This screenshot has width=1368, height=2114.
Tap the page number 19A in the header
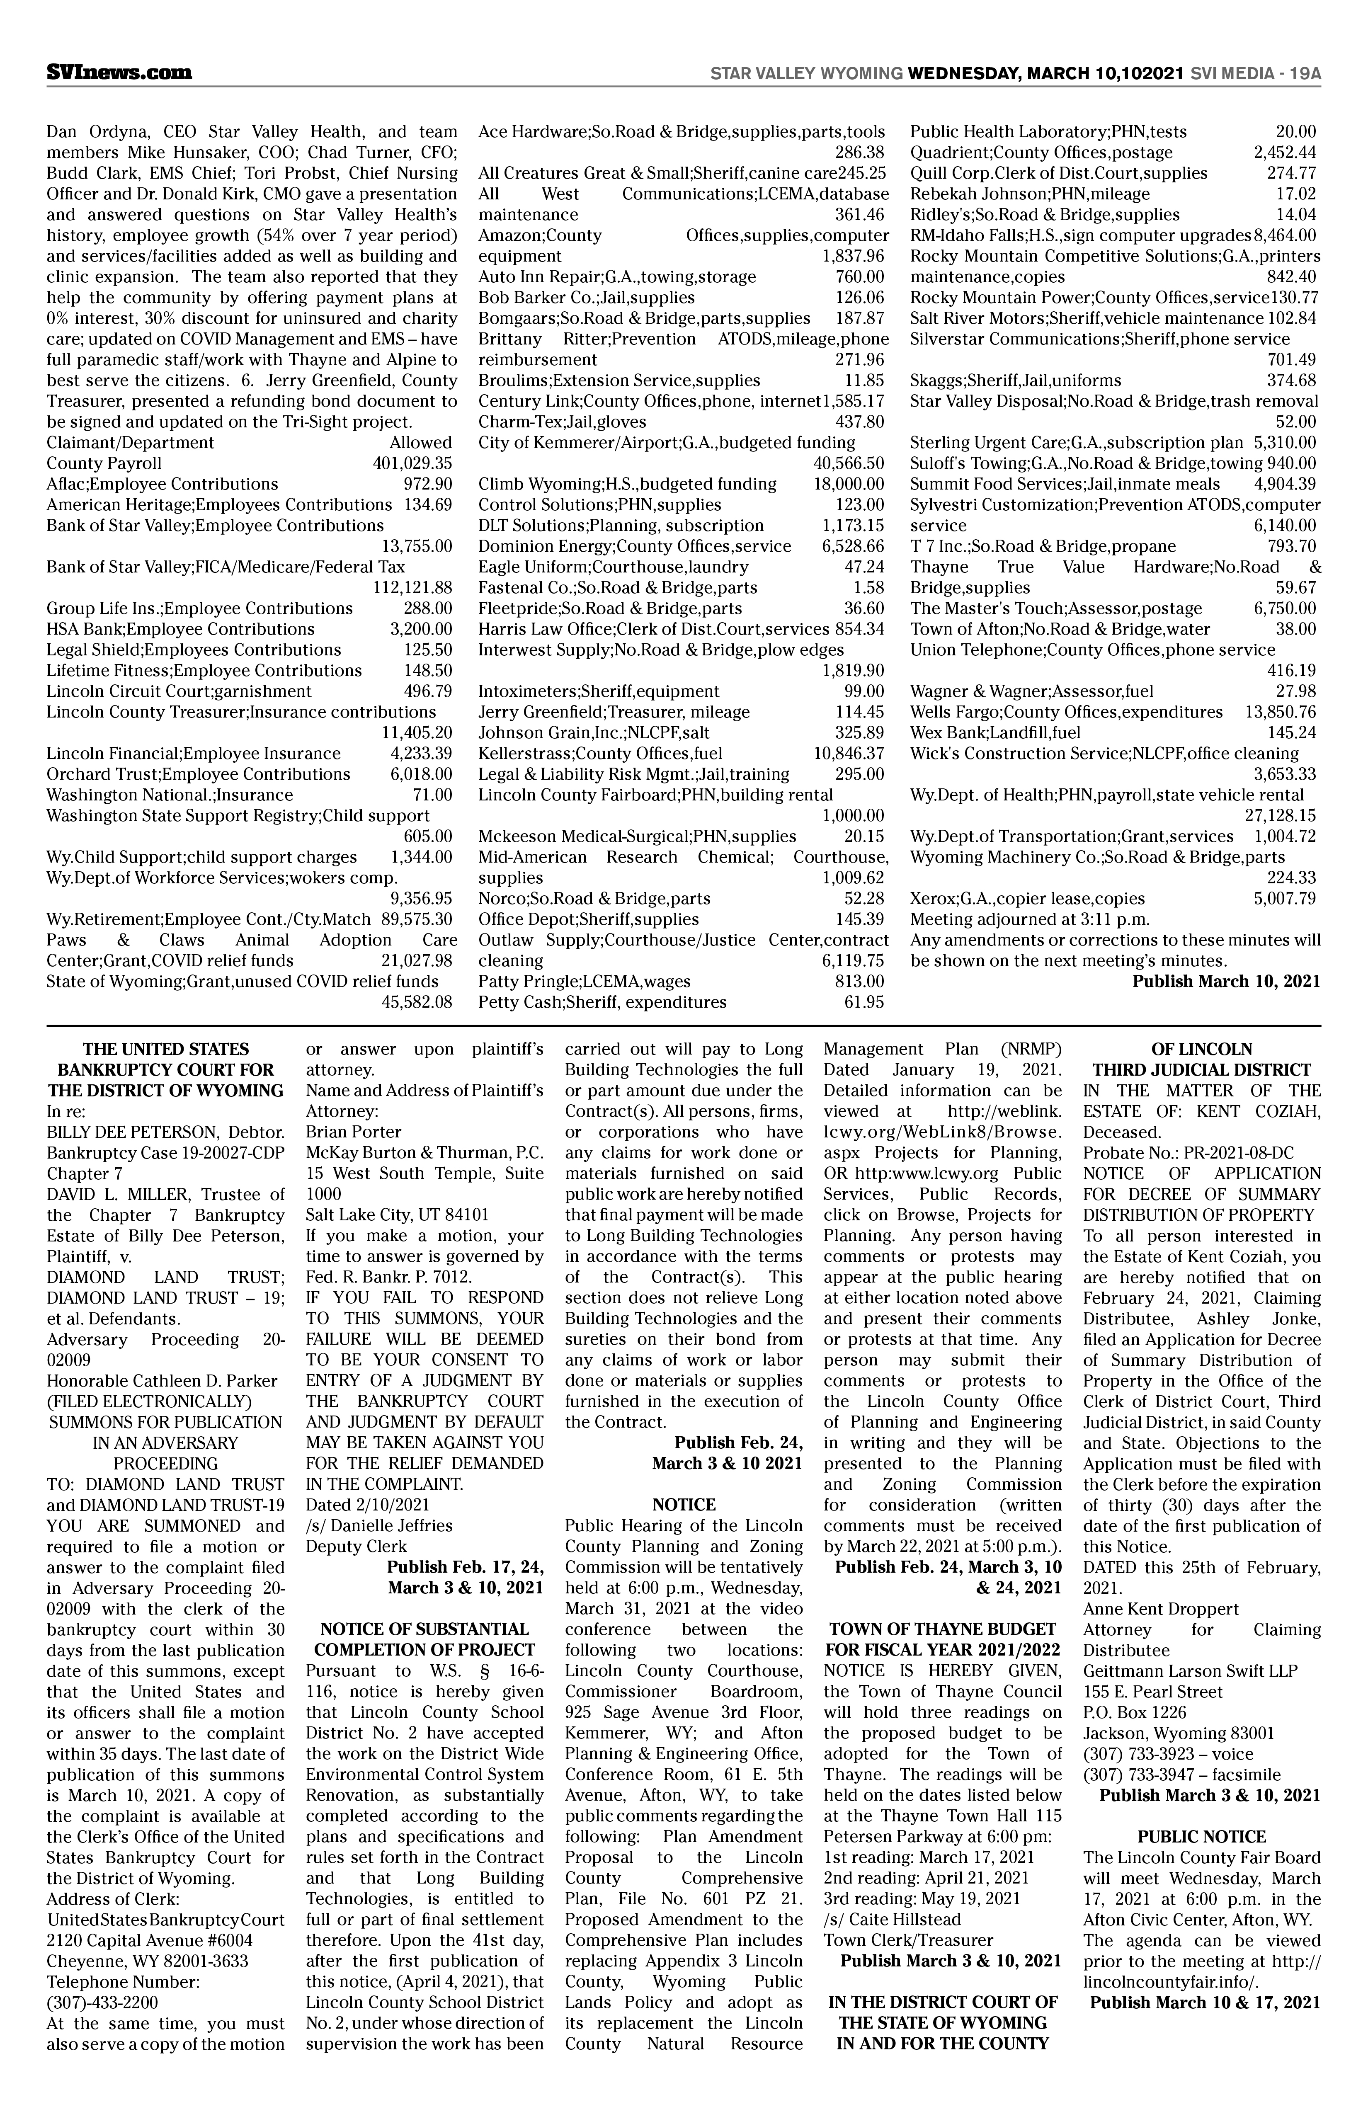1302,74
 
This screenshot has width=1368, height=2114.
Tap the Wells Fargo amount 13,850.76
1280,711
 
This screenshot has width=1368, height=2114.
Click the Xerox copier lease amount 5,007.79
1285,898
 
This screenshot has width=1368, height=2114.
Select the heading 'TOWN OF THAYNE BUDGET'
943,1629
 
